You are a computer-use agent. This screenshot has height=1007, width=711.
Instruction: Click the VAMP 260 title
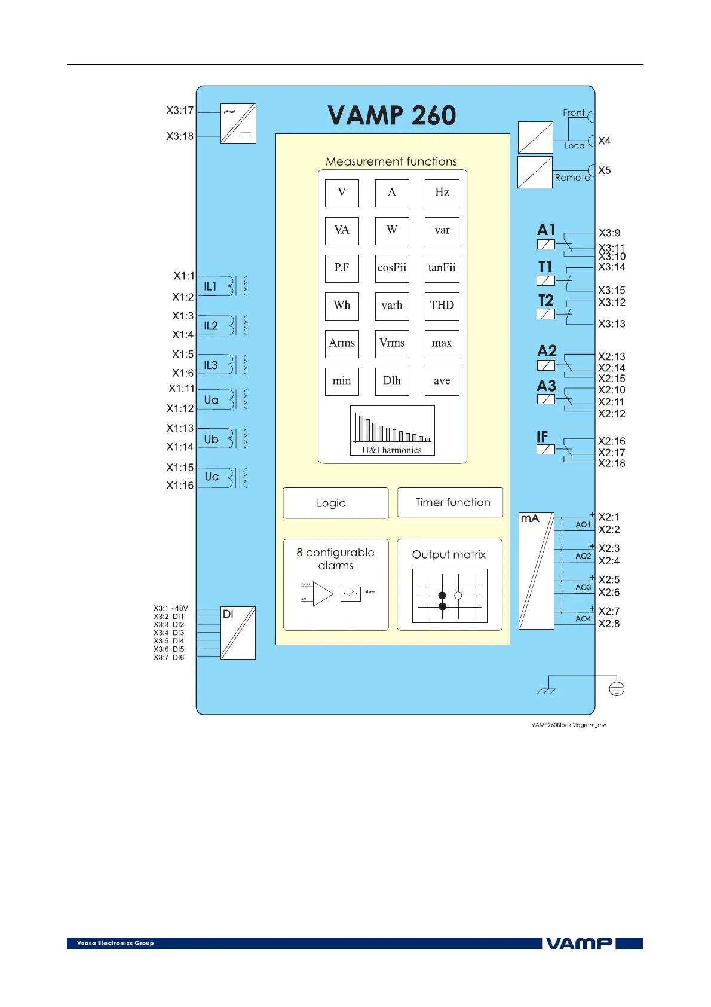click(392, 115)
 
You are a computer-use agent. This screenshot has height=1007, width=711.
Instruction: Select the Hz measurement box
click(442, 193)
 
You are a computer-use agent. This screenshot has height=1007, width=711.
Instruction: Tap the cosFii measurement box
click(392, 268)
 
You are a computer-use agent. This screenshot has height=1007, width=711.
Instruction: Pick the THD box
click(442, 306)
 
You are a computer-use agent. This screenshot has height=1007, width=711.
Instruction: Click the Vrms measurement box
click(392, 343)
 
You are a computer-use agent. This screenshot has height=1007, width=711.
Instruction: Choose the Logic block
click(335, 503)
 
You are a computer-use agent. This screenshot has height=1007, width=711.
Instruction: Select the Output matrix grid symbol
click(449, 596)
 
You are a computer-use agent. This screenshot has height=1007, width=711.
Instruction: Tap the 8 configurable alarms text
click(335, 559)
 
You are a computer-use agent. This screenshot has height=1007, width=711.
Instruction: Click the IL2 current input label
click(211, 326)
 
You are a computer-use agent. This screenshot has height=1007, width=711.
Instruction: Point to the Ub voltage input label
click(212, 439)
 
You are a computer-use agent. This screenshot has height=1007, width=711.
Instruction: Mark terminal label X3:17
click(180, 111)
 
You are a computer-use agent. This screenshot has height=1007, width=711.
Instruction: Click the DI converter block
click(238, 633)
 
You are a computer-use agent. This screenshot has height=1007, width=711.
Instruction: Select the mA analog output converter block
click(537, 570)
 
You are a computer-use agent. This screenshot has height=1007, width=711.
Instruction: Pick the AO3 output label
click(583, 588)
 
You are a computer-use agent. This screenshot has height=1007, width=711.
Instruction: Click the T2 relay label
click(546, 300)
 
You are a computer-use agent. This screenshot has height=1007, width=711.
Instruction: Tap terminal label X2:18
click(612, 463)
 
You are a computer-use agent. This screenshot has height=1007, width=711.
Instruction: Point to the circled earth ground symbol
click(617, 689)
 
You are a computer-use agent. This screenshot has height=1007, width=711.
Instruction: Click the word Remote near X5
click(572, 178)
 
